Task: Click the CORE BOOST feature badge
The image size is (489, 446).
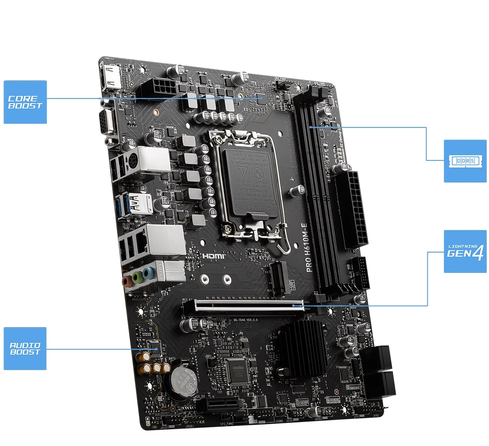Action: (x=25, y=102)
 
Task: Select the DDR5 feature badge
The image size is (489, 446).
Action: (x=465, y=161)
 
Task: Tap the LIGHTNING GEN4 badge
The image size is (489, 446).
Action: (x=465, y=251)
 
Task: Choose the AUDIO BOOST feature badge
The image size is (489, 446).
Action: (x=25, y=348)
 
